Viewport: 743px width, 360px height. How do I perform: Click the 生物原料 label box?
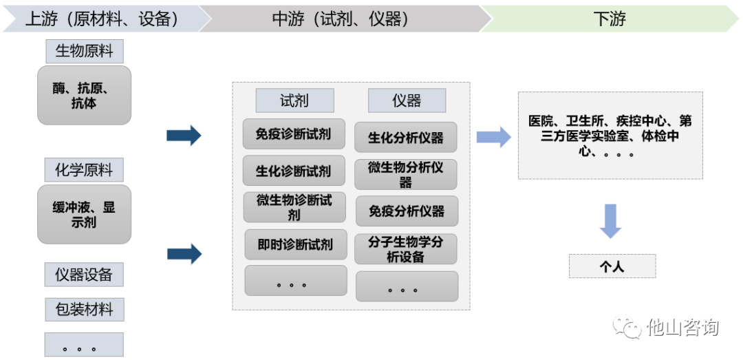(84, 52)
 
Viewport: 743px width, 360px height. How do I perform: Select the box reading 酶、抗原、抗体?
(84, 96)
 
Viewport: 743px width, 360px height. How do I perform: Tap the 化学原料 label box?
(84, 170)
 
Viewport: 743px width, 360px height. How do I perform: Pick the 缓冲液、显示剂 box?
(84, 214)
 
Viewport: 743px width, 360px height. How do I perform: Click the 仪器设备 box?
(84, 275)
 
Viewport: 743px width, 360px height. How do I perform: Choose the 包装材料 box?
(84, 309)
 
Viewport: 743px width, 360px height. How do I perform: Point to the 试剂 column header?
(294, 100)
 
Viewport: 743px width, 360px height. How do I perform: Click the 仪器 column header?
(407, 100)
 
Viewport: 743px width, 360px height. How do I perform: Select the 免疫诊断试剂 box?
(294, 134)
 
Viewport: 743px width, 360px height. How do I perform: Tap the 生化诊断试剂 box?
(294, 171)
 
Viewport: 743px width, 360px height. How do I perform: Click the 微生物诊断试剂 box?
(294, 207)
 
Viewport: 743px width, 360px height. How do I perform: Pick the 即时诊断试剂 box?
(295, 244)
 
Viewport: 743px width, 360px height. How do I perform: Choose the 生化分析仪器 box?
(406, 137)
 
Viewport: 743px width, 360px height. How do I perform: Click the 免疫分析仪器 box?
(407, 211)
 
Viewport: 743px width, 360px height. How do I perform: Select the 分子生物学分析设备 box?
(406, 249)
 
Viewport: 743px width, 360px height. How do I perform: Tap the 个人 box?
(612, 266)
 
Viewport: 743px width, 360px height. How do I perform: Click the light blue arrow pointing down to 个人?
(610, 221)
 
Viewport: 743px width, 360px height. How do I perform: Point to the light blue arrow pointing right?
(493, 137)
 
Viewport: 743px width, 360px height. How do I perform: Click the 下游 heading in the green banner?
(610, 19)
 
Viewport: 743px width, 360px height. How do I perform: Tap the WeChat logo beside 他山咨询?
(627, 327)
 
